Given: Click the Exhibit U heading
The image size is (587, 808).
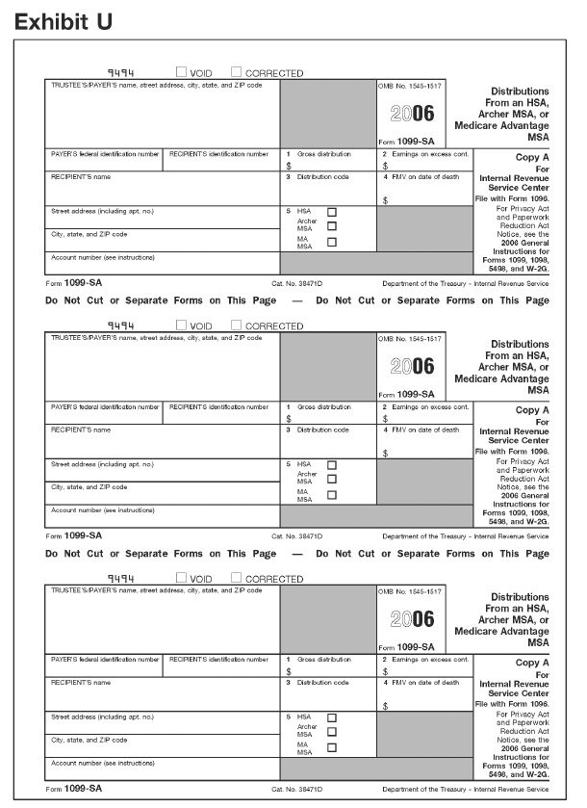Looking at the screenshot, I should [x=63, y=21].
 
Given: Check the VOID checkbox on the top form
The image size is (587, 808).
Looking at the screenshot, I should [x=182, y=72].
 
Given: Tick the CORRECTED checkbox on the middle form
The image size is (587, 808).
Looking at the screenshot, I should [x=237, y=325].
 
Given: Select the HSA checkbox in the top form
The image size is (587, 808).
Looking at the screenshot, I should [x=332, y=211].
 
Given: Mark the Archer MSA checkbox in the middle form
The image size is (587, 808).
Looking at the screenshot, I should [x=332, y=479].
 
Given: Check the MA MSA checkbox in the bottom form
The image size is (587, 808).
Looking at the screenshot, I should [x=332, y=747].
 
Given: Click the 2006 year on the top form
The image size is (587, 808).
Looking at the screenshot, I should [x=412, y=113].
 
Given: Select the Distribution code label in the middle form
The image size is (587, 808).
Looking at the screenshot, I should [x=322, y=430].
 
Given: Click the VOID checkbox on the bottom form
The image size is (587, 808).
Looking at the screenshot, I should [x=182, y=578].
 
